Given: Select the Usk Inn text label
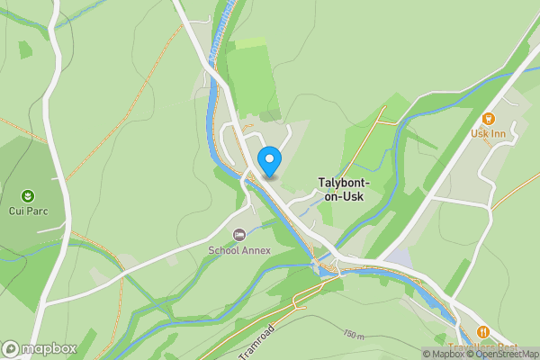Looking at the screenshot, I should pos(490,134).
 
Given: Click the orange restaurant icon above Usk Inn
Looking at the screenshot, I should pos(490,118).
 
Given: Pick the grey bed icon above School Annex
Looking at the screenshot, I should pos(238,235).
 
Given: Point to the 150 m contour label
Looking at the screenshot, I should pos(355,335).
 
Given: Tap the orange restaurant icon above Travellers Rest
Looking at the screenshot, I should pos(483,332).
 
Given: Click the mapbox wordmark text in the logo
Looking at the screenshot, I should pos(49,348).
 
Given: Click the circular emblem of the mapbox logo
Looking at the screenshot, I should pos(12,348).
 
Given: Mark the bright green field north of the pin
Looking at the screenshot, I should pos(247,76).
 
